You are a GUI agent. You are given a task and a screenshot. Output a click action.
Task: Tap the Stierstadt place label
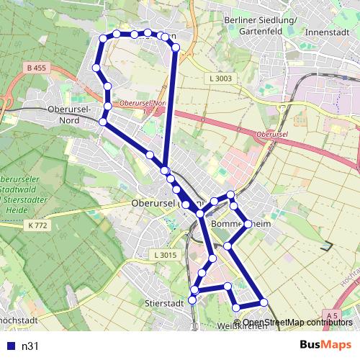pos(163,303)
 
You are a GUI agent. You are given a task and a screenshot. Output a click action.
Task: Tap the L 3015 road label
pos(165,256)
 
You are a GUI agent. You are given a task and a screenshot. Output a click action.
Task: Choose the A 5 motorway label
pos(331,315)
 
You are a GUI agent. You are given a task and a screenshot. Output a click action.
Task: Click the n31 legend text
pos(30,346)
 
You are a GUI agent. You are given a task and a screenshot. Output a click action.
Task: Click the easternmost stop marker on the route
pos(264,302)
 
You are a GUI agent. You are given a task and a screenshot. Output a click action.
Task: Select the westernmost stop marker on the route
pos(96,68)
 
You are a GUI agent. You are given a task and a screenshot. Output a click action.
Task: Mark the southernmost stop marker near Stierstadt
pos(192,300)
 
